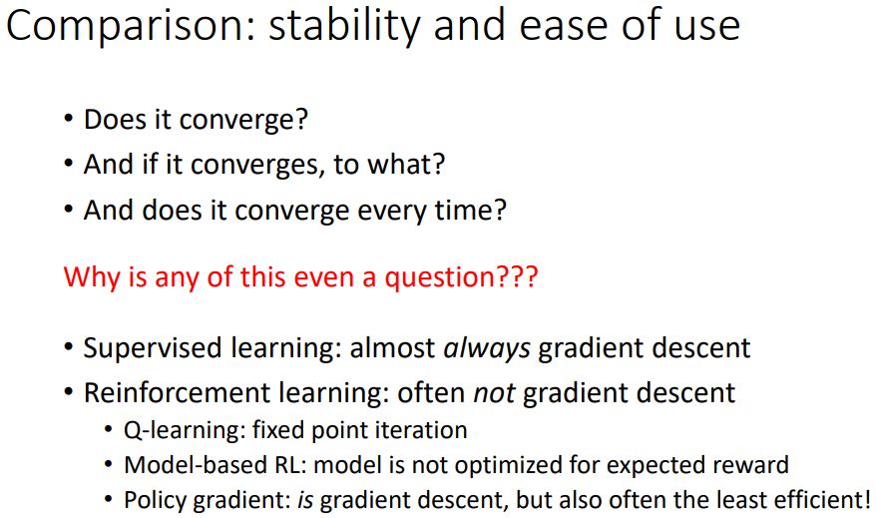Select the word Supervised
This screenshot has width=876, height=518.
(x=153, y=348)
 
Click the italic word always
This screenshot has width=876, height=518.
(x=487, y=349)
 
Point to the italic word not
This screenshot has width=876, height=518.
(x=494, y=393)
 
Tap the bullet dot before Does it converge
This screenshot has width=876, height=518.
(x=69, y=119)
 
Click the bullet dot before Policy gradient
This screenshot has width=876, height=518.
(x=109, y=500)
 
